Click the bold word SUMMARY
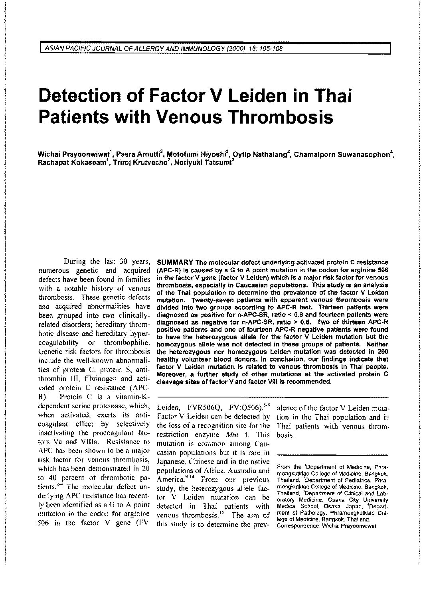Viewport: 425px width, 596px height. (175, 262)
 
